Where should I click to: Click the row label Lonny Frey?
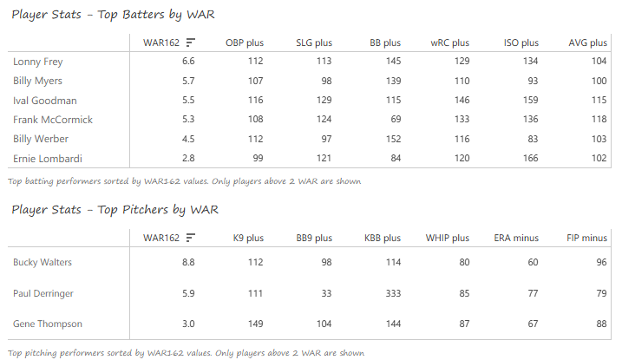[38, 62]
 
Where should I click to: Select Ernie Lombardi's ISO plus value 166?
[527, 158]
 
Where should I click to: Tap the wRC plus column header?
[449, 43]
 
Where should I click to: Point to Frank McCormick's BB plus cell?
[394, 120]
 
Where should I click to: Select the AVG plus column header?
[587, 43]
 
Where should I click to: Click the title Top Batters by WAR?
[113, 15]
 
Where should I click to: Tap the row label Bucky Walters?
[43, 262]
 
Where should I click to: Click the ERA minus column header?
[517, 238]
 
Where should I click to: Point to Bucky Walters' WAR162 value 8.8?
[187, 262]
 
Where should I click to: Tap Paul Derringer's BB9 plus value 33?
[324, 293]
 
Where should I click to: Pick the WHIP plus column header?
[448, 238]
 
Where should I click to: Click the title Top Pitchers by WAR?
[115, 210]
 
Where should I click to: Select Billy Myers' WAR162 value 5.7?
[187, 81]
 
